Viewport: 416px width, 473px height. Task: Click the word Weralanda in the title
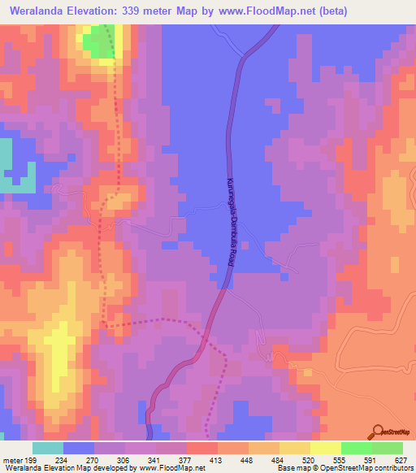pos(41,11)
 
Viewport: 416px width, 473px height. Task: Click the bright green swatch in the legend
pos(356,448)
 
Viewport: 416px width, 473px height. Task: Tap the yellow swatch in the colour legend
pos(325,448)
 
